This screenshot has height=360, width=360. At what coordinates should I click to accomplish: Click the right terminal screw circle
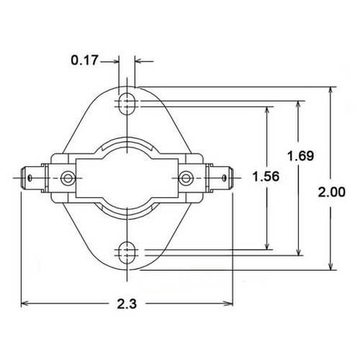pos(185,178)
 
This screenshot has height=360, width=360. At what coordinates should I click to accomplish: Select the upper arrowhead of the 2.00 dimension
pos(331,88)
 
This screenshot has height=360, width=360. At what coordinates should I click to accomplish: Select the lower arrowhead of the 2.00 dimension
pos(331,267)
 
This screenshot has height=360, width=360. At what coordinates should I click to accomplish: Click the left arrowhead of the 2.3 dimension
pos(25,303)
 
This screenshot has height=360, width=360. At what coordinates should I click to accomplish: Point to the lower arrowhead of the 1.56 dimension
pos(267,247)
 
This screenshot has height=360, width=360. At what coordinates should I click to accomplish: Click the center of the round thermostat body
pos(126,178)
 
